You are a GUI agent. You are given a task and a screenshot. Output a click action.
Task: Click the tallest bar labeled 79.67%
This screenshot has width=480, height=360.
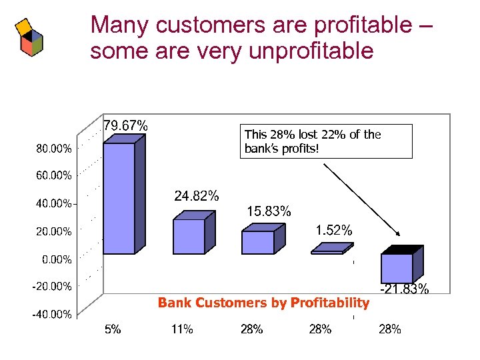point(119,198)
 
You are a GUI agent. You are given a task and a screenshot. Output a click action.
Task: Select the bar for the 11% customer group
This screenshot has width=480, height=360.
point(189,236)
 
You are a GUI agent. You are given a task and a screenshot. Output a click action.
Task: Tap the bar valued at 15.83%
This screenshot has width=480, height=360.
point(258,241)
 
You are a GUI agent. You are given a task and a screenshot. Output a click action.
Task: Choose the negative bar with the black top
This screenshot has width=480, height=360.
point(397,267)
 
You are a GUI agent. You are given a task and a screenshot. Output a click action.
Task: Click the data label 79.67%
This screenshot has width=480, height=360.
point(125,125)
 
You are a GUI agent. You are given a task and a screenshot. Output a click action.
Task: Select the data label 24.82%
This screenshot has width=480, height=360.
point(196,196)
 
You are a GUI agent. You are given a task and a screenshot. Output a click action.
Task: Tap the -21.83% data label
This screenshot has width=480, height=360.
point(404,289)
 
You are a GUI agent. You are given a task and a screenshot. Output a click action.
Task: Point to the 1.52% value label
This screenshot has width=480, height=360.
point(333,231)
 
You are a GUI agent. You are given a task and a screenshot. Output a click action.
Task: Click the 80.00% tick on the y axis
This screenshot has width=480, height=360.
point(53,148)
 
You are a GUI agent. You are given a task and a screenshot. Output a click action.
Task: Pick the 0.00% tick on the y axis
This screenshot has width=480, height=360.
point(57,259)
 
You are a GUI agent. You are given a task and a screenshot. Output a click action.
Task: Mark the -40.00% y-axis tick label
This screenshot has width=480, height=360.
point(53,315)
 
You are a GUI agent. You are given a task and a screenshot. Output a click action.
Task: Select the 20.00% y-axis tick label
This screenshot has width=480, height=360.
point(53,231)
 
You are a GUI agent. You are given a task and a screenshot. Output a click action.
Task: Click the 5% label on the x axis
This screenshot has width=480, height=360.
point(113,329)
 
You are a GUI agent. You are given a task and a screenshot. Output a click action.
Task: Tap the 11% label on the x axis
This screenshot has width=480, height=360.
point(182,329)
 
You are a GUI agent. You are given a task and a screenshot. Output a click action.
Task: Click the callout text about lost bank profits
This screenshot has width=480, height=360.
point(313,141)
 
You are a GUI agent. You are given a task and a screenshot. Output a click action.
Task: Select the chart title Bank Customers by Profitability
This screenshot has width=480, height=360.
point(263,303)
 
